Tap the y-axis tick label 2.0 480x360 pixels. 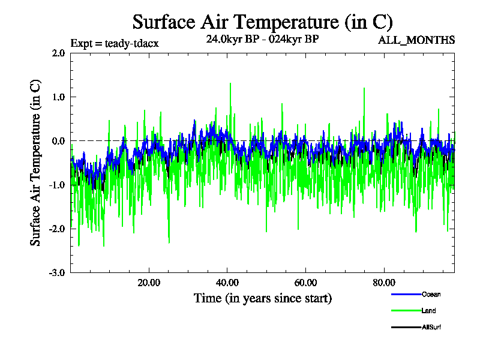(x=58, y=53)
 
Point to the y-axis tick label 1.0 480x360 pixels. (x=58, y=97)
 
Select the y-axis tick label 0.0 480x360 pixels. (x=58, y=141)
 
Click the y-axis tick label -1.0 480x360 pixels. (x=57, y=185)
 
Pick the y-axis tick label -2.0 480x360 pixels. (x=57, y=229)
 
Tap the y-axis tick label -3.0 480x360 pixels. (x=57, y=272)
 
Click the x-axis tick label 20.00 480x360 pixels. (x=149, y=283)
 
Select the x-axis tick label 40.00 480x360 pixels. (x=227, y=283)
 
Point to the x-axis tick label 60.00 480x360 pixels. (x=305, y=283)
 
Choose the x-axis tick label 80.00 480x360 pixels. (x=384, y=283)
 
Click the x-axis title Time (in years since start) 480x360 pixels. (x=263, y=298)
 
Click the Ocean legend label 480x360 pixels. (x=431, y=294)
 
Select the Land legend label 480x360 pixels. (x=428, y=310)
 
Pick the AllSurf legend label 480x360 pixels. (x=432, y=327)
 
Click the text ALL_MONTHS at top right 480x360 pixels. (x=416, y=40)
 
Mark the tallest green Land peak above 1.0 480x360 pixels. (x=230, y=84)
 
